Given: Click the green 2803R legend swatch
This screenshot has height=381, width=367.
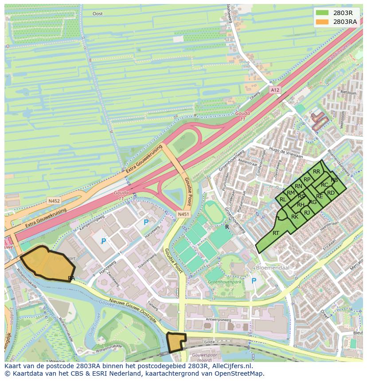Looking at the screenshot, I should coord(322,12).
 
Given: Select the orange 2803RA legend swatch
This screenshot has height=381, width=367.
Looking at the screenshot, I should coord(322,22).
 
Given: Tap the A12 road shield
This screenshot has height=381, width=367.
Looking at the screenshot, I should coord(275,90).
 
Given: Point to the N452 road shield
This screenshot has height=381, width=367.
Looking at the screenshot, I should coord(54,201).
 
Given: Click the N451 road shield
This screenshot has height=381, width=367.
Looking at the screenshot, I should coord(183,214).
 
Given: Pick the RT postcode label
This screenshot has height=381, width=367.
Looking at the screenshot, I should coord(276,233).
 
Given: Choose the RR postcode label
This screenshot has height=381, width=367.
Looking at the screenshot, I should coord(316,172).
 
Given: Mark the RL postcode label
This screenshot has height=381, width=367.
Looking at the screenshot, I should coord(283,200).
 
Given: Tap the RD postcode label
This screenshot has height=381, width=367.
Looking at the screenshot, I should coord(331,193).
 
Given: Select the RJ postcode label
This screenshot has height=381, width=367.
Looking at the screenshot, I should coord(307,213).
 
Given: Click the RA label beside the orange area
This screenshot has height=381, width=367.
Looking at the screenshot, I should coord(71,278).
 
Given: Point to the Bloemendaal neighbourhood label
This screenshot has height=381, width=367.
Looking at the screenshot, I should coord(271,268).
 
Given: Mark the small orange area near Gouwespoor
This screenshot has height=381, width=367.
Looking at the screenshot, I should coord(176,342).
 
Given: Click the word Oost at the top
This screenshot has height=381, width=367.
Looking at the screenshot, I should coord(98,14).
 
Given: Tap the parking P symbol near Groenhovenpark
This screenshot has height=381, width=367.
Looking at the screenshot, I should coord(254,281).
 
